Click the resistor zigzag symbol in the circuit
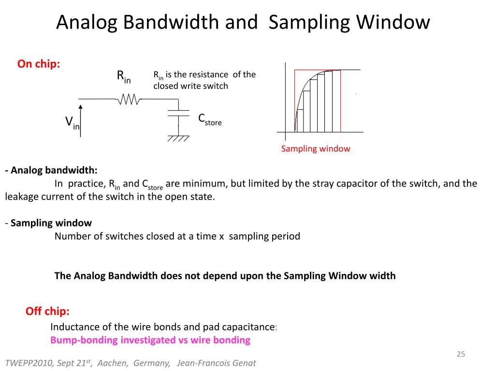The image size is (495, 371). (x=129, y=100)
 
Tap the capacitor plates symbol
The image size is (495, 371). (x=178, y=113)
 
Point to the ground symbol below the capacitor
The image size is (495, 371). (x=178, y=138)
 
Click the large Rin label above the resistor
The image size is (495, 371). (x=123, y=76)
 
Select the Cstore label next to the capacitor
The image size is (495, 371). (x=210, y=120)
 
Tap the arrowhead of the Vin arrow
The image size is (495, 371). (x=81, y=108)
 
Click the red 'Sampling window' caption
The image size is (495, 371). (x=315, y=149)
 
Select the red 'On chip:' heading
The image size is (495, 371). (x=39, y=64)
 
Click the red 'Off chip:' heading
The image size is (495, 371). (x=47, y=311)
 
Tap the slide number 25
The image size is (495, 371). (x=460, y=355)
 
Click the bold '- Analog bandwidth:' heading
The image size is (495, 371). (x=51, y=170)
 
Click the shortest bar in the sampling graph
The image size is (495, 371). (x=300, y=121)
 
